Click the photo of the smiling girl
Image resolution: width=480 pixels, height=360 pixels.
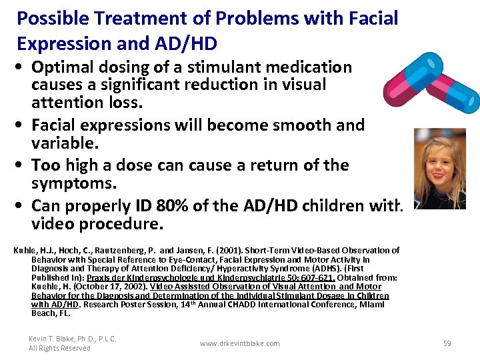(439, 169)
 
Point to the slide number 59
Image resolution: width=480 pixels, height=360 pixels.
(447, 343)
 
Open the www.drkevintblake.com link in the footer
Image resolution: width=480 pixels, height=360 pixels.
(239, 343)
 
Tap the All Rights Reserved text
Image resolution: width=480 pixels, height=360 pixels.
(59, 348)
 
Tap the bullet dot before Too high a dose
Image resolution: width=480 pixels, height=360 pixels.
(23, 165)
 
